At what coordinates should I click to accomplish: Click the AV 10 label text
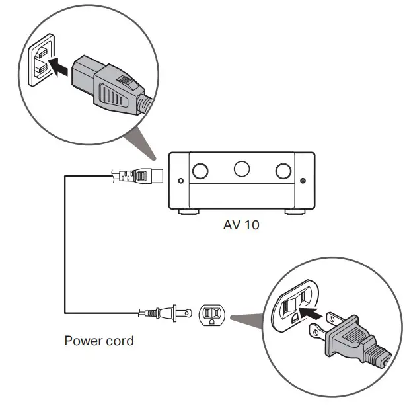tap(241, 225)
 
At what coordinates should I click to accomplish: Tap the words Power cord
tap(98, 341)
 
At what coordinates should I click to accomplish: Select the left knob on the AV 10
tap(200, 171)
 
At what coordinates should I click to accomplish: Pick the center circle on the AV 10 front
tap(242, 169)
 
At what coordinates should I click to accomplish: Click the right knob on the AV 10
tap(284, 171)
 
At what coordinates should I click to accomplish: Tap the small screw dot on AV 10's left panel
tap(179, 180)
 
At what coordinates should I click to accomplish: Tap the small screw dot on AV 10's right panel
tap(303, 180)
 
